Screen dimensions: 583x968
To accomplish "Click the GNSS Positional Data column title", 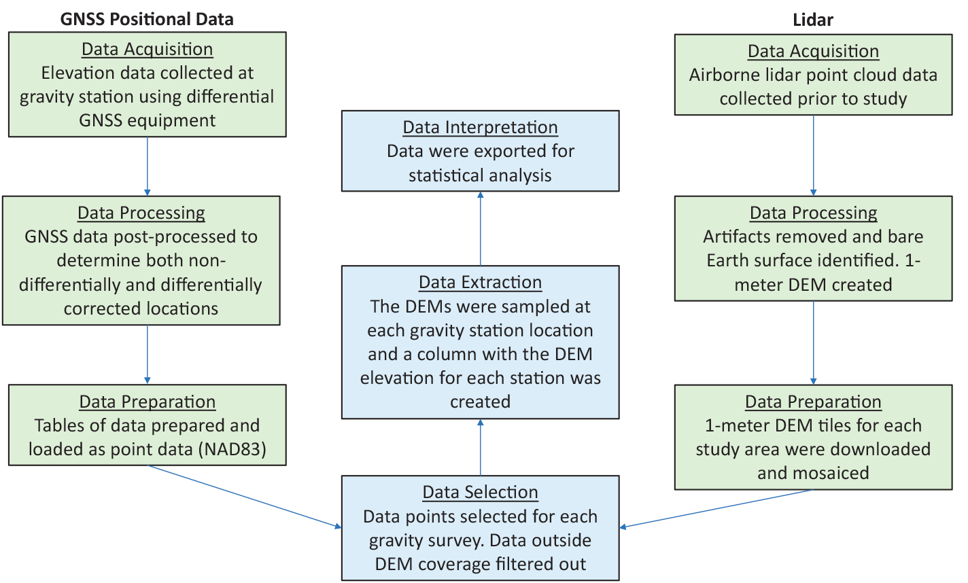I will (x=147, y=19).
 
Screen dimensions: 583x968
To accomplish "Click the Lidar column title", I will (x=813, y=20).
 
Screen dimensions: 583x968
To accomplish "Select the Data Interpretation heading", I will (x=480, y=127).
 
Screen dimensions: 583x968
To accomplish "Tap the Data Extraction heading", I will (x=480, y=282).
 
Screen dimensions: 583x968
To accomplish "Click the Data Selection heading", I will (x=480, y=492).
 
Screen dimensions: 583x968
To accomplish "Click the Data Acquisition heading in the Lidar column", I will (x=813, y=51).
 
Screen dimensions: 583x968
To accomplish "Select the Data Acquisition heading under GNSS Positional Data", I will (x=147, y=49).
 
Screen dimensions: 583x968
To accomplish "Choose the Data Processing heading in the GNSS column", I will (x=141, y=213).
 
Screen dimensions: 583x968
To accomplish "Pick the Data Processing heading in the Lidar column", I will (x=813, y=213).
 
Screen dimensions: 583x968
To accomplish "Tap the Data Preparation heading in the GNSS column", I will (x=147, y=402).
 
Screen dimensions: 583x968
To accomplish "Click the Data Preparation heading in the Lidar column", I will (x=813, y=402).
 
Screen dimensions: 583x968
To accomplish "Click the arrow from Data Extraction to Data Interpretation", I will (x=480, y=228).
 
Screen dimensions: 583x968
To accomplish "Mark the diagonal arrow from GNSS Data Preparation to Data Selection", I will (x=245, y=496).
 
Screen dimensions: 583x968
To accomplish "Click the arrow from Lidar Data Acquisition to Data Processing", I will (x=813, y=156).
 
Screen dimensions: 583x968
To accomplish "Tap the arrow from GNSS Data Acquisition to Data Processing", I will (x=147, y=166).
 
